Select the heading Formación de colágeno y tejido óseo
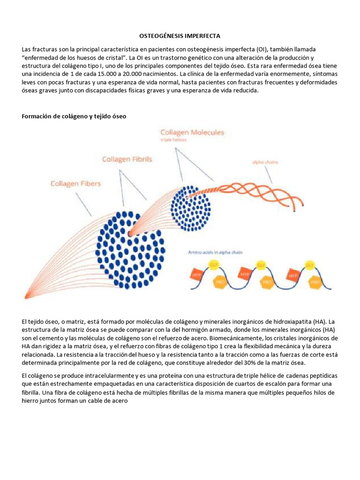(74, 116)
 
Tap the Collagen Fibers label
(75, 184)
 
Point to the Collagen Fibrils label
(127, 159)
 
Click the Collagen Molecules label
(192, 133)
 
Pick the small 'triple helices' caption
(173, 140)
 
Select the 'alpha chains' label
(265, 162)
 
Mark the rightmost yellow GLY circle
(309, 265)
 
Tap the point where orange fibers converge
(26, 296)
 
